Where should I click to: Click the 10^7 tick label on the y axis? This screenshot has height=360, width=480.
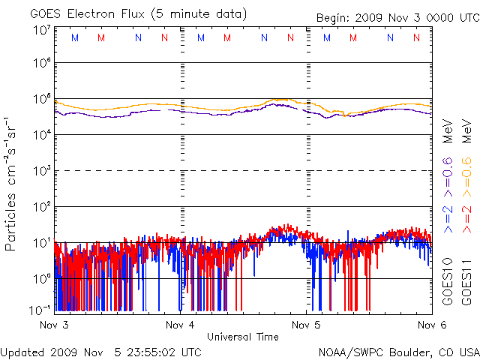point(41,30)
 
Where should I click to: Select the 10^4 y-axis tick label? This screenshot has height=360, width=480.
point(41,135)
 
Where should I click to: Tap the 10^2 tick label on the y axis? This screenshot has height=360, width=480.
point(41,207)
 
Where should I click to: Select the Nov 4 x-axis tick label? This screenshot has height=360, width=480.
point(179,325)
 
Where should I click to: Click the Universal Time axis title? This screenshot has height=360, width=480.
point(243,337)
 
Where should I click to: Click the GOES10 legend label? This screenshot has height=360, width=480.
point(448,280)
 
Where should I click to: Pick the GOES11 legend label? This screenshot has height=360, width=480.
point(466,280)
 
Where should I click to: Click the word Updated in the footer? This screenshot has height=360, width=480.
point(22,352)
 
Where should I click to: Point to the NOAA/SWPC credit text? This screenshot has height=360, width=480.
point(398,352)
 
